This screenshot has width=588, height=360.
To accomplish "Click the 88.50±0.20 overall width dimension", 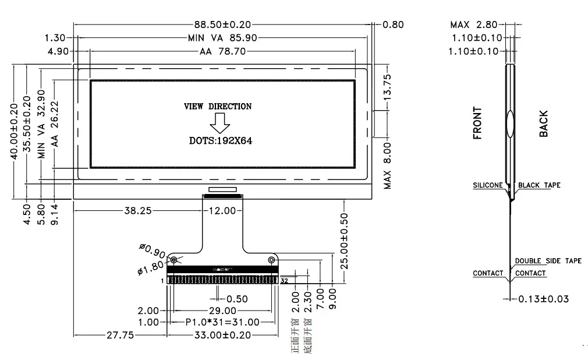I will (x=222, y=24).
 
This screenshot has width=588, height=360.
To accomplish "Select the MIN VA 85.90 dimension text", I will (x=222, y=38).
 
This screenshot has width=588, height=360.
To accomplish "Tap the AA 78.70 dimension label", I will (x=222, y=51).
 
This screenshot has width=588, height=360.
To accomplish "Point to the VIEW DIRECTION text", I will (x=218, y=107).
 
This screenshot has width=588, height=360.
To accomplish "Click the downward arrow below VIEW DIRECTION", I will (x=220, y=123).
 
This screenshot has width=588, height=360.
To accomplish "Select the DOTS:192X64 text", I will (x=219, y=140).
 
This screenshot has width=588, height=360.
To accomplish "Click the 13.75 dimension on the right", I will (x=388, y=88).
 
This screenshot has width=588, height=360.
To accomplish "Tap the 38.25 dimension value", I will (x=138, y=211).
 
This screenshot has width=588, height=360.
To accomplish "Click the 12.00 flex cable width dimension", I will (x=221, y=211).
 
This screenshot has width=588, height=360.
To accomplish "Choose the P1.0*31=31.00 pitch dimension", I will (x=222, y=322).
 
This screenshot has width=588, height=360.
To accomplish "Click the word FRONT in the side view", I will (x=477, y=123).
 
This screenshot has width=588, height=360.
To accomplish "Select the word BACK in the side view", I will (x=543, y=123).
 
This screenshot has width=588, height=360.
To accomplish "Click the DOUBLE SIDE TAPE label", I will (x=548, y=261).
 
